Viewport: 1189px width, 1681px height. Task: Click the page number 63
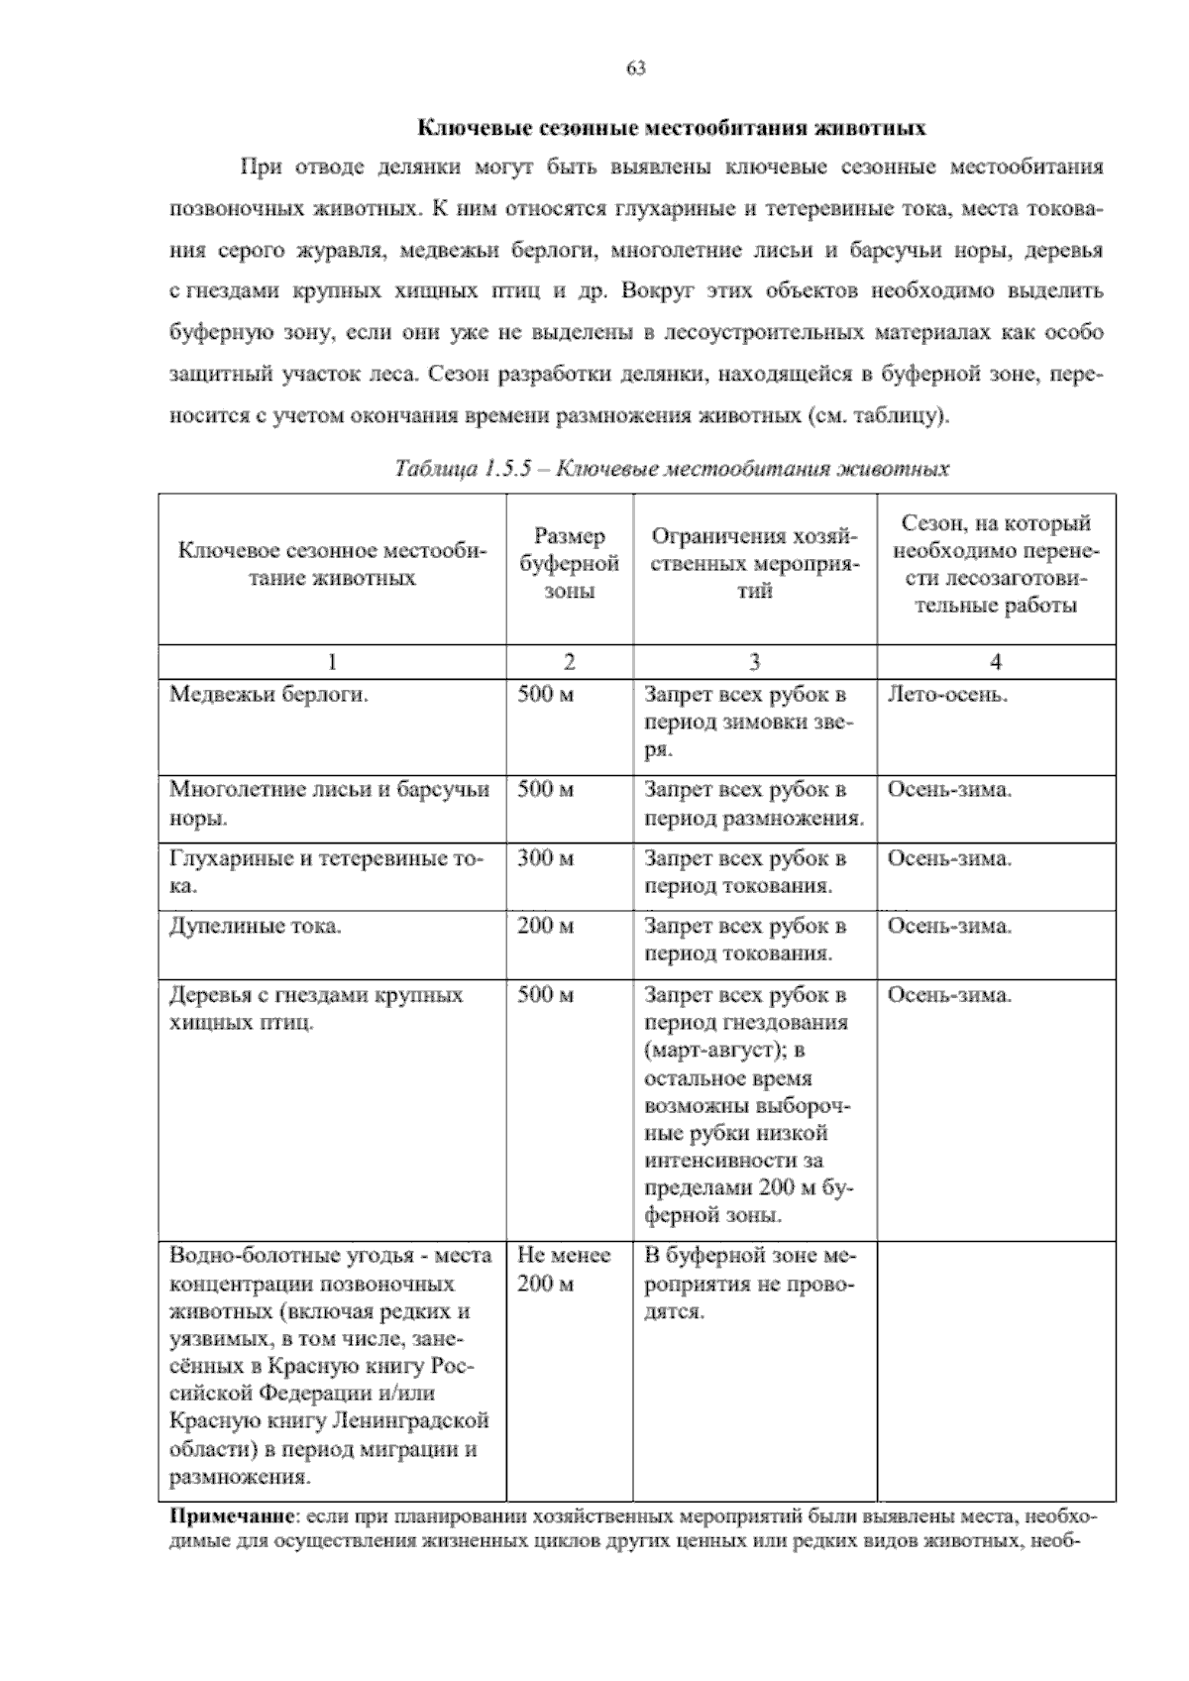[636, 68]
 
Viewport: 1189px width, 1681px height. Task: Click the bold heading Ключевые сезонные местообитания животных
[671, 128]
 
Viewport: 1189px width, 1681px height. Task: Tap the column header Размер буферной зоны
[570, 564]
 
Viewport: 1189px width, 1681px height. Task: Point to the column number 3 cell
[754, 662]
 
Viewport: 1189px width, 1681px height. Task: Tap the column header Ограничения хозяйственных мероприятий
[754, 564]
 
